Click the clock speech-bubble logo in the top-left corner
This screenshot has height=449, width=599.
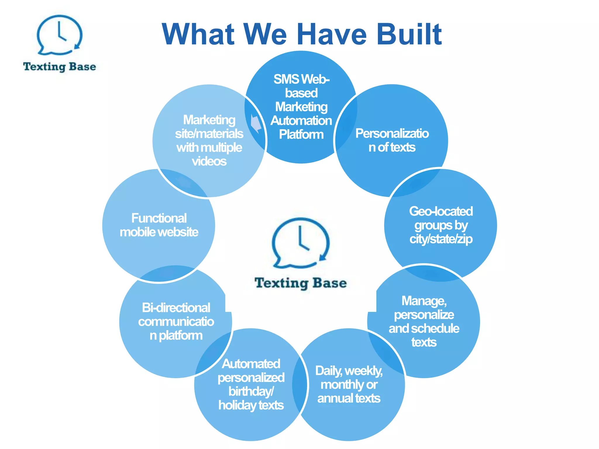pyautogui.click(x=59, y=35)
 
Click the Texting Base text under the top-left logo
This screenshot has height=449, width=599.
pyautogui.click(x=59, y=67)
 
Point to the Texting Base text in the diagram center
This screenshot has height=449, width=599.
pyautogui.click(x=301, y=283)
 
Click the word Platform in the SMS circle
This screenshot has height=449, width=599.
pyautogui.click(x=301, y=134)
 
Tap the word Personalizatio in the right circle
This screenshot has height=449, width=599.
pyautogui.click(x=392, y=134)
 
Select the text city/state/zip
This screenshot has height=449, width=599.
pyautogui.click(x=441, y=239)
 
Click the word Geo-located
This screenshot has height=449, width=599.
pyautogui.click(x=441, y=211)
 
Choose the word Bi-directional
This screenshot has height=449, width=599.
pyautogui.click(x=176, y=308)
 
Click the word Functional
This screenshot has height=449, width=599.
pyautogui.click(x=159, y=218)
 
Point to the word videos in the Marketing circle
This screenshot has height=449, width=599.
pyautogui.click(x=209, y=161)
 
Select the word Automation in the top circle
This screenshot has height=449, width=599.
pyautogui.click(x=301, y=121)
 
